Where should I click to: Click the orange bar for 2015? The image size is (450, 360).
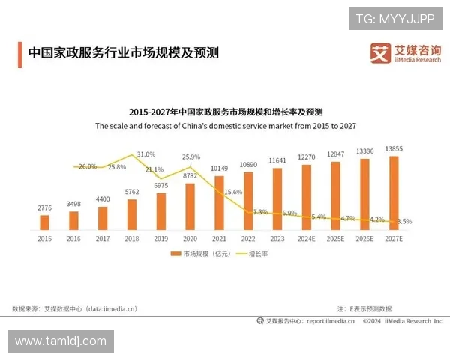coord(44,222)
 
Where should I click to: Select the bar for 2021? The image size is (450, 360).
coord(219,202)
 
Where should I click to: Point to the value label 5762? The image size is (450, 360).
coord(132,192)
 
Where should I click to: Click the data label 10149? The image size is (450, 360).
coord(219,168)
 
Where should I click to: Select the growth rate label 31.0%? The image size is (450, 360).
coord(145,154)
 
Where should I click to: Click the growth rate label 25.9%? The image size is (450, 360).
coord(191,157)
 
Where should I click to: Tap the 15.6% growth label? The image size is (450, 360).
coord(233,192)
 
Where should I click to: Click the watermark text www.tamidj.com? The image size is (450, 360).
coord(61,341)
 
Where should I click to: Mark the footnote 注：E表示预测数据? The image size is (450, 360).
coord(364,308)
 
